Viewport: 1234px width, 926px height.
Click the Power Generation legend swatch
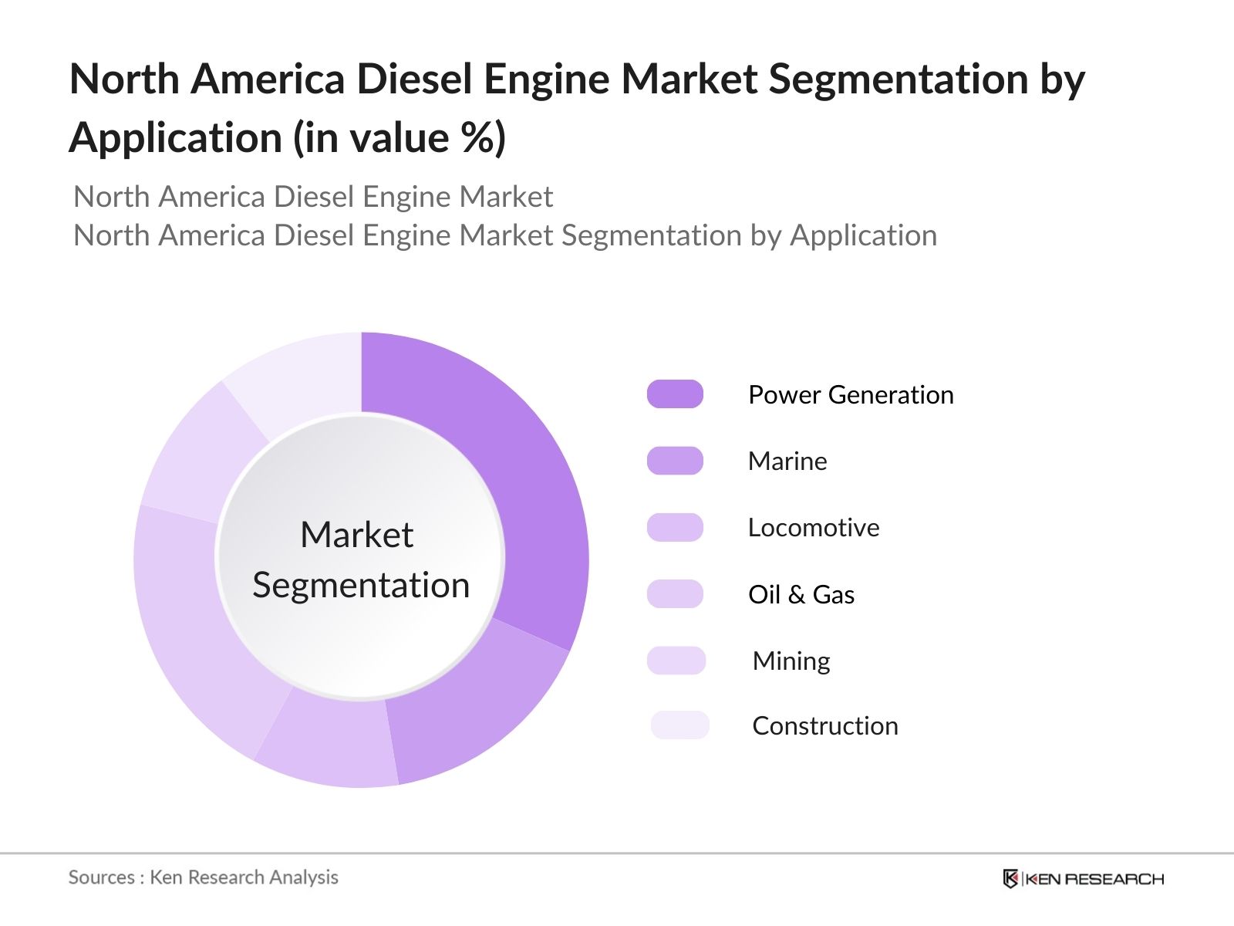675,394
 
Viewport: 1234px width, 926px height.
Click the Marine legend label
787,461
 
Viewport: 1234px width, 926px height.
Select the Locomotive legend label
814,528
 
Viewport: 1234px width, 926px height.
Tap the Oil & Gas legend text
801,595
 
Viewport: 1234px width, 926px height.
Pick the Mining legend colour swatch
676,661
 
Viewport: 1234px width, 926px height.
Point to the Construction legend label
825,726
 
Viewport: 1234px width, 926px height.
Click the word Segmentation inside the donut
361,585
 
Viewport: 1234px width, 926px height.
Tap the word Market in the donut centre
356,535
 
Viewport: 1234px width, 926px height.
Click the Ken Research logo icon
1010,878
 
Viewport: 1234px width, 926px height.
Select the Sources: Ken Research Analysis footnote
204,877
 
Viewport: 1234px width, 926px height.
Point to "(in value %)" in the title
400,139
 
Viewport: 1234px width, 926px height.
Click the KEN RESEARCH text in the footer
1094,879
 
